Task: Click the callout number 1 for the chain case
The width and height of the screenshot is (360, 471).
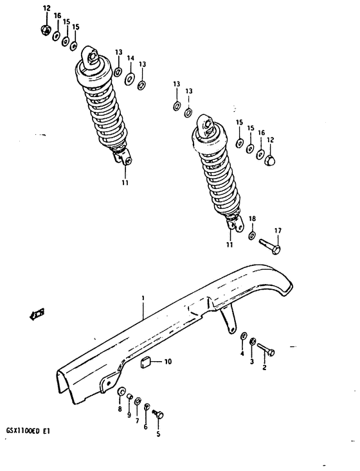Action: (x=142, y=298)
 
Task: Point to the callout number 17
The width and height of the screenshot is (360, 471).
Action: (x=278, y=230)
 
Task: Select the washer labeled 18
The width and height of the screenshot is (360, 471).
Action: (x=252, y=235)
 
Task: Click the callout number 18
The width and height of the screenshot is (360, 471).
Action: (x=252, y=218)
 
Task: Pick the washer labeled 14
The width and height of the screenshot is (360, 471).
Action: (x=130, y=78)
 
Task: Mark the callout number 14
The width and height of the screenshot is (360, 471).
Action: (x=130, y=58)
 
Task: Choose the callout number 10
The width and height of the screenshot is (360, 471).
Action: (x=168, y=362)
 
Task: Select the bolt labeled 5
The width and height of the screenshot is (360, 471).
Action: (x=159, y=415)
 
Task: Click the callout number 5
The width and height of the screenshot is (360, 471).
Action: (x=158, y=434)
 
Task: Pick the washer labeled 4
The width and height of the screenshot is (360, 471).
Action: (x=244, y=337)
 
